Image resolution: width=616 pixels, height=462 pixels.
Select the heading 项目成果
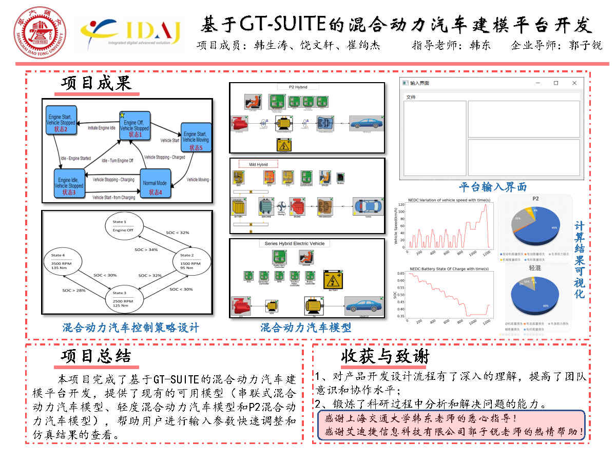(x=97, y=83)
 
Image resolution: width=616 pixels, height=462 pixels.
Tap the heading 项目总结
(x=96, y=356)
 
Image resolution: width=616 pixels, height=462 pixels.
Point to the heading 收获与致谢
(x=384, y=356)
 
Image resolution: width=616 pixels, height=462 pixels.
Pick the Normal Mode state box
(x=155, y=185)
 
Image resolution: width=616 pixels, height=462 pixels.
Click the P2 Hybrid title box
(x=306, y=87)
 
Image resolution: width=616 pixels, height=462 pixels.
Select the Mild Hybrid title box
(x=258, y=164)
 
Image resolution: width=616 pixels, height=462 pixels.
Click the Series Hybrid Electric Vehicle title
(x=295, y=243)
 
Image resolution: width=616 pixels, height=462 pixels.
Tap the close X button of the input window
(x=574, y=83)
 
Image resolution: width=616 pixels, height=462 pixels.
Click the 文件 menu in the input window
(x=411, y=97)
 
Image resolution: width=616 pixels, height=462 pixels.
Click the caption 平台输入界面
(x=493, y=187)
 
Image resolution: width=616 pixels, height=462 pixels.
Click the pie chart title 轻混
(x=535, y=267)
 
